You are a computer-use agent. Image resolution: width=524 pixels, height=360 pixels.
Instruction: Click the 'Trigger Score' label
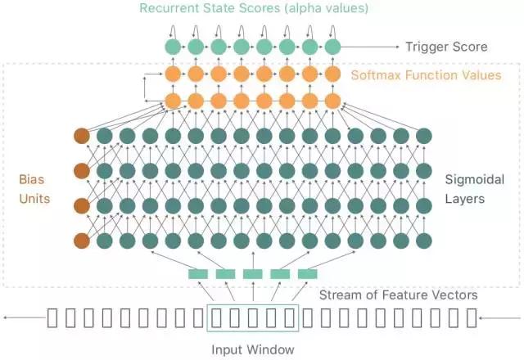point(446,47)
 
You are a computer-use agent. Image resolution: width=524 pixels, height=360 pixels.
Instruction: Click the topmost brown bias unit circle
point(81,136)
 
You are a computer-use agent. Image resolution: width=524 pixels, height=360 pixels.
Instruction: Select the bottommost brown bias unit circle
point(81,241)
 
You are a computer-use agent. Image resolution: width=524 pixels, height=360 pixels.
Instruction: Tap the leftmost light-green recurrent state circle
point(173,47)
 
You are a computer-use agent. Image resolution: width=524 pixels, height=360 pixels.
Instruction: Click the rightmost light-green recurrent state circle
point(332,47)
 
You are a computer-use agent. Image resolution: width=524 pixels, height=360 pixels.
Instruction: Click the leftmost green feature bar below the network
point(198,274)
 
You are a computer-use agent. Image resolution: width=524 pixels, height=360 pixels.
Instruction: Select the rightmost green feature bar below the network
point(307,274)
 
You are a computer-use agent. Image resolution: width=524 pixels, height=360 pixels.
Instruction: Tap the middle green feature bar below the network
point(253,274)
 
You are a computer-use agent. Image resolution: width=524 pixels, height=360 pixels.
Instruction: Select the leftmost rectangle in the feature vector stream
point(52,317)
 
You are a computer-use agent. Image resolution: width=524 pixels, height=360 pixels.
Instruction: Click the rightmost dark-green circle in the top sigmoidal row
point(424,136)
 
